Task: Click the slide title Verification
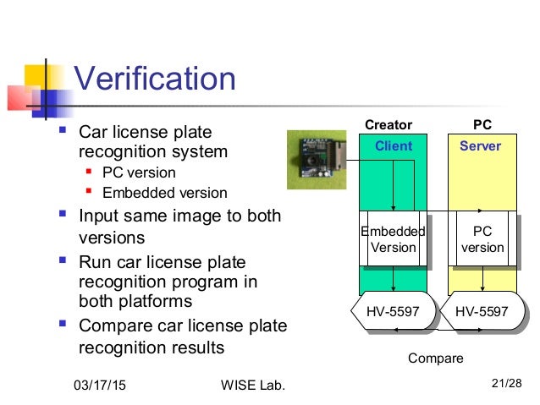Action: point(155,79)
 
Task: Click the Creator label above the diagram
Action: point(388,125)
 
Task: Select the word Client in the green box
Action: point(394,146)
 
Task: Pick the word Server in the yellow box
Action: point(481,146)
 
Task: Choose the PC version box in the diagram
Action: point(482,239)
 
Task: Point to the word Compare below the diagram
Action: point(436,358)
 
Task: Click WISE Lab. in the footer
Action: point(247,386)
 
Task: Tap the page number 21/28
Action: point(506,386)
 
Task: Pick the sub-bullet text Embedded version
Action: point(164,193)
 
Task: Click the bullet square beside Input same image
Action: point(62,216)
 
